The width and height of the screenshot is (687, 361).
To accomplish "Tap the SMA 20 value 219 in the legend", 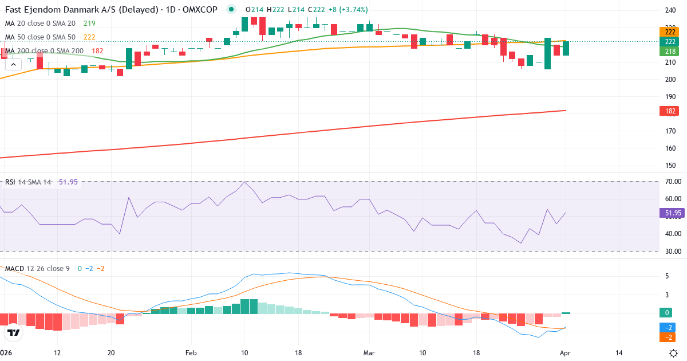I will click(x=89, y=23).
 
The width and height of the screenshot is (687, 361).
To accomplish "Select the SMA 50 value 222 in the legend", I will click(x=89, y=37).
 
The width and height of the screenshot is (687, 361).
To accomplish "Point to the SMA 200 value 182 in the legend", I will click(x=97, y=51).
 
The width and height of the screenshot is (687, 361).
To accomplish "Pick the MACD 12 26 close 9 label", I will click(x=38, y=268).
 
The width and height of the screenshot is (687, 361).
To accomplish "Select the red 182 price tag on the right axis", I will click(x=669, y=111).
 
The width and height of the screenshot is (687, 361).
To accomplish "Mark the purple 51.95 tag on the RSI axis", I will click(x=672, y=213).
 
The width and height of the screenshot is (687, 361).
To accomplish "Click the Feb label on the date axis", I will click(x=191, y=353).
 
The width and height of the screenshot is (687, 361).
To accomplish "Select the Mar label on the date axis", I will click(x=369, y=353).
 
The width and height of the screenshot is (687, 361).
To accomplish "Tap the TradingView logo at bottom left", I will click(x=14, y=332).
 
